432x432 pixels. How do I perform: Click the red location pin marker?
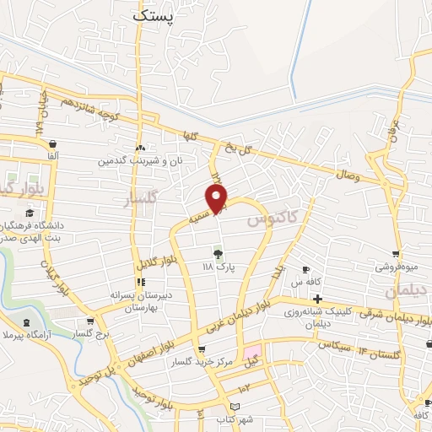pos(218,199)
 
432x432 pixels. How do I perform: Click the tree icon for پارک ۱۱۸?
pos(218,252)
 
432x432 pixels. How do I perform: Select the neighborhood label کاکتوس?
pos(273,219)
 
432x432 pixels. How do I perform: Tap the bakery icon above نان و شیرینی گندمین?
pos(139,148)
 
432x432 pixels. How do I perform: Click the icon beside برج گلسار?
pos(90,321)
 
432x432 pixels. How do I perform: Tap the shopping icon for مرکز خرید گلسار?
pos(201,350)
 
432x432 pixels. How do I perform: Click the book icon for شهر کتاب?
pos(246,408)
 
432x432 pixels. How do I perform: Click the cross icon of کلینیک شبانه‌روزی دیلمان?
pos(317,300)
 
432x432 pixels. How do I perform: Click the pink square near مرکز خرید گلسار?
pos(252,351)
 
